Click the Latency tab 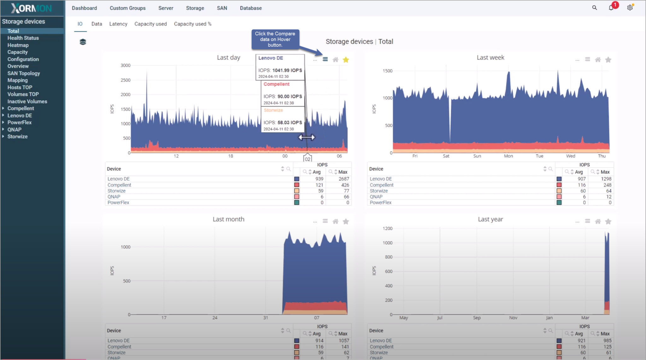[x=118, y=24]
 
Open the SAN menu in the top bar [x=222, y=8]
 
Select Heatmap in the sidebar [x=18, y=45]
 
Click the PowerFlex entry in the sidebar [x=20, y=122]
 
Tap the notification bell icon [x=611, y=8]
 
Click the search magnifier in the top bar [x=595, y=8]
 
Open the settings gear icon [x=630, y=8]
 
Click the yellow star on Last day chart [x=346, y=60]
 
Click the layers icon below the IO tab [x=83, y=42]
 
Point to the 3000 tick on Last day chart [x=125, y=65]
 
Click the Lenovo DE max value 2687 [x=344, y=179]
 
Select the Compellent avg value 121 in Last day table [x=319, y=185]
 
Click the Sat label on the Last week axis [x=446, y=156]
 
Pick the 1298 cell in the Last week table [x=606, y=179]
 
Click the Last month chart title [x=228, y=219]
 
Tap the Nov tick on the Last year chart [x=513, y=318]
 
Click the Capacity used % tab [x=192, y=24]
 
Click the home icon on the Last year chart [x=598, y=221]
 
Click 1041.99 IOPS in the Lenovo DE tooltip [x=287, y=70]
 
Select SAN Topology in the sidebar [x=24, y=73]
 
